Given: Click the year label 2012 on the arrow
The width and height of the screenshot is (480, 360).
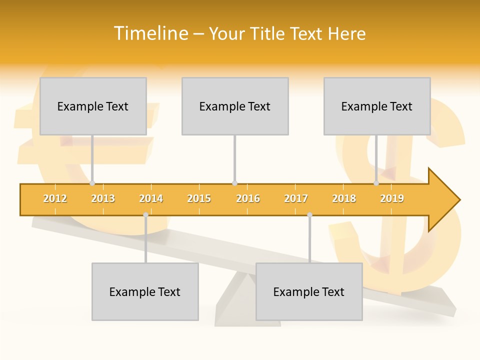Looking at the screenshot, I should [55, 198].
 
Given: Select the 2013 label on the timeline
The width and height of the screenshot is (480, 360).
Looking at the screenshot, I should [103, 198].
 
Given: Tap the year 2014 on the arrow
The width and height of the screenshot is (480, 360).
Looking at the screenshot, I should [151, 198].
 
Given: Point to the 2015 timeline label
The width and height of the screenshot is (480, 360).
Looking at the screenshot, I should [199, 198].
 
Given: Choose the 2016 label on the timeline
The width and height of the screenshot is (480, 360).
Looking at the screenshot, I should [248, 198].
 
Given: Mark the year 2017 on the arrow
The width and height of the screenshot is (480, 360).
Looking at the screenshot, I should [296, 198].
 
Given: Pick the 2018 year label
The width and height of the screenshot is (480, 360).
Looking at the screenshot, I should [344, 198].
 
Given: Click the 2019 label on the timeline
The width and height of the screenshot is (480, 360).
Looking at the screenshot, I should [392, 198].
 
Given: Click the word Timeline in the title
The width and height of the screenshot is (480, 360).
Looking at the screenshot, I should [150, 33].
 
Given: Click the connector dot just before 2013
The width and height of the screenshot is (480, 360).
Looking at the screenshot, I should [92, 183].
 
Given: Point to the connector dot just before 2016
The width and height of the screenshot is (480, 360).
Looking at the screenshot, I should [234, 183].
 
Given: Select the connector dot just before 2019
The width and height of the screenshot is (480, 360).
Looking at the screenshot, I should [376, 183].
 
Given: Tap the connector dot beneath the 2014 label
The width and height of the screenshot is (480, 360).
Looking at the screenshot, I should [145, 215].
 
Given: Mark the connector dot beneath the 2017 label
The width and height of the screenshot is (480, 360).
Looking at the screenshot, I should [309, 215].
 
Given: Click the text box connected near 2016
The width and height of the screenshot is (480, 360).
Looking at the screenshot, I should [235, 106].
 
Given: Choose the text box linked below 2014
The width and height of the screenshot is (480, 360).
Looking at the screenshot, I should [145, 291].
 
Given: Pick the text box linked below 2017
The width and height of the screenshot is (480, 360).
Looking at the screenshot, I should [309, 291].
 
